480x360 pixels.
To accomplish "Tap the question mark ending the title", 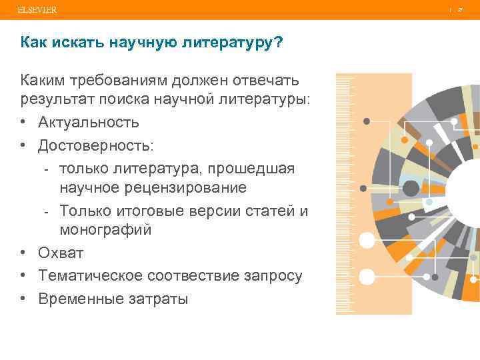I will pyautogui.click(x=279, y=43).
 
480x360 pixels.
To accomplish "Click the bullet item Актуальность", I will pyautogui.click(x=89, y=123).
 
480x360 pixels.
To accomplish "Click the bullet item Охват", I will pyautogui.click(x=61, y=253).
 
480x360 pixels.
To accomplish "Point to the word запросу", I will pyautogui.click(x=267, y=275).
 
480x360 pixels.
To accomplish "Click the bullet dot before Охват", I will pyautogui.click(x=24, y=253).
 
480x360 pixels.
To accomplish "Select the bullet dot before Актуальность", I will pyautogui.click(x=24, y=123).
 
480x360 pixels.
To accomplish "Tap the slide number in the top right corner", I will pyautogui.click(x=460, y=10).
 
